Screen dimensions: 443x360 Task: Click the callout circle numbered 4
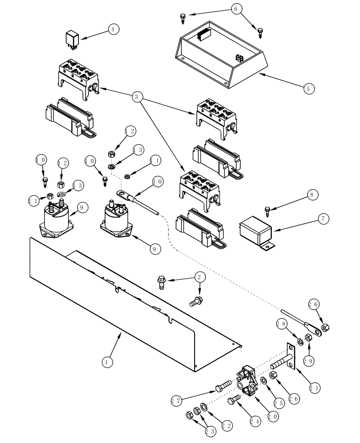(114, 30)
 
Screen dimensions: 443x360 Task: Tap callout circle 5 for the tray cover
(309, 88)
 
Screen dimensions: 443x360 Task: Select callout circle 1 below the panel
(106, 362)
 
